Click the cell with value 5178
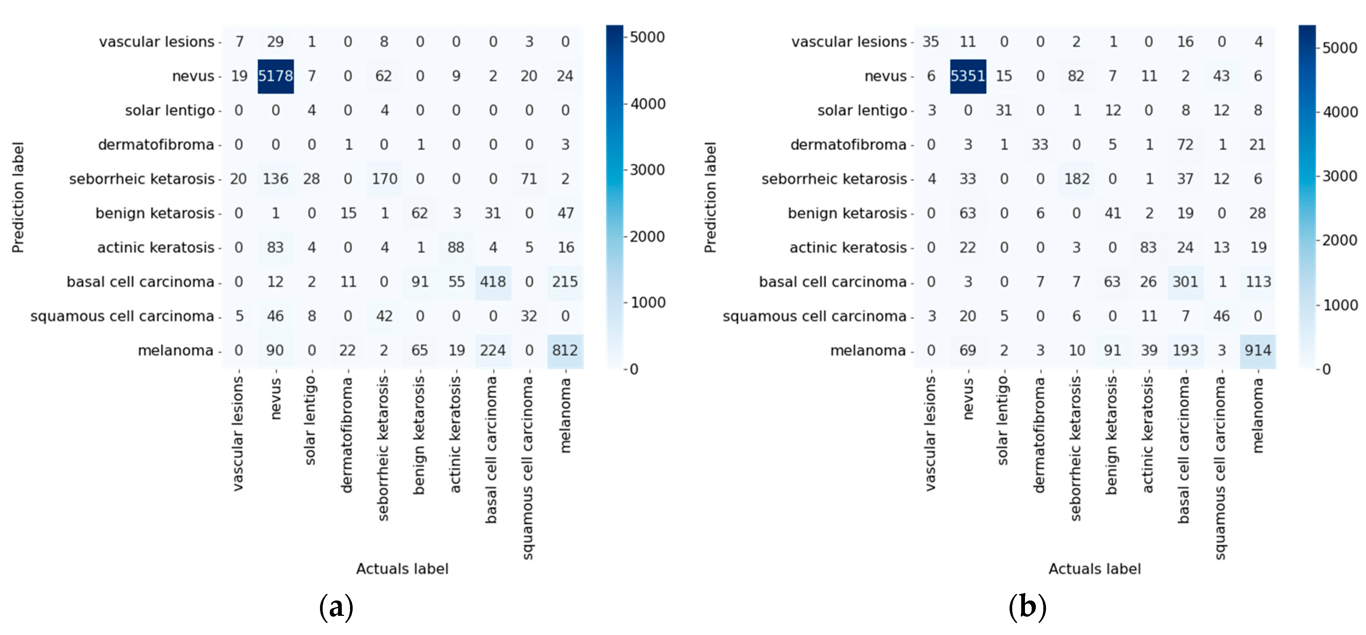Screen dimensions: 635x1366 (275, 76)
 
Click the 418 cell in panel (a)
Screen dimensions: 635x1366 (493, 282)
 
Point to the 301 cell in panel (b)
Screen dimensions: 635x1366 (1185, 282)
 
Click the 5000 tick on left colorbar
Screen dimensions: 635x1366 (647, 37)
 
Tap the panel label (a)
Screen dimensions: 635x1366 (336, 606)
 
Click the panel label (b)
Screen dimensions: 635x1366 (1027, 606)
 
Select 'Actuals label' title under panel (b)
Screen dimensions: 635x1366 (1094, 569)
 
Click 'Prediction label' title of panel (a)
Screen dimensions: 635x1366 (18, 197)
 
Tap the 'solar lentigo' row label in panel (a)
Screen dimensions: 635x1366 (170, 111)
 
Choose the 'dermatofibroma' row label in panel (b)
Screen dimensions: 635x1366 (848, 145)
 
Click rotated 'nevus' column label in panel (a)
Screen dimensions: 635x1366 (275, 399)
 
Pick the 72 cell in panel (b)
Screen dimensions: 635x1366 (1185, 145)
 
